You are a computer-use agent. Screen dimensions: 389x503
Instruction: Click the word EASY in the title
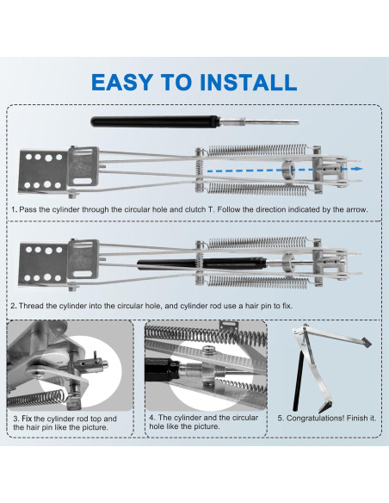click(x=121, y=82)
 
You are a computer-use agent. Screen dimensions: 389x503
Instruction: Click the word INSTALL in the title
click(x=248, y=82)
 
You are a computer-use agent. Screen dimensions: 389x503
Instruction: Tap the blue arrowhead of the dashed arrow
click(x=359, y=169)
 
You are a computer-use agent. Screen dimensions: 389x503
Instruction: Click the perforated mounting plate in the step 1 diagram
click(x=43, y=171)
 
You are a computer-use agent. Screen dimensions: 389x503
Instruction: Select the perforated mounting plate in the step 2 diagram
click(x=43, y=264)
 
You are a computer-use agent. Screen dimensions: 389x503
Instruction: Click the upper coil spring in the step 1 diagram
click(x=257, y=150)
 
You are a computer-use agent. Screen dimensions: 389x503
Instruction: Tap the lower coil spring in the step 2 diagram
click(x=257, y=282)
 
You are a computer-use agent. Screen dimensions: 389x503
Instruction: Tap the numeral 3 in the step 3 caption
click(x=15, y=419)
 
